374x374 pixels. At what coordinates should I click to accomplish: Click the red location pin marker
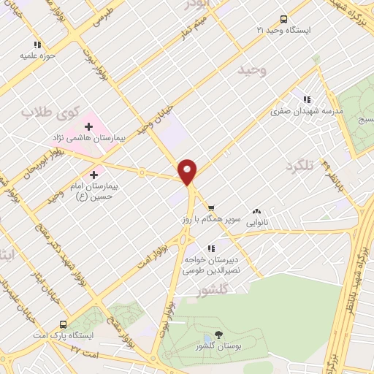tap(188, 171)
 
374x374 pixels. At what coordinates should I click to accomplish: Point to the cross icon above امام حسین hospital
tap(93, 175)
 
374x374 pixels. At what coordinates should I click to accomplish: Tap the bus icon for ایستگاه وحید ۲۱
tap(283, 20)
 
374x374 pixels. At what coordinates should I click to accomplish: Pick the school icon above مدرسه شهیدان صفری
tap(307, 99)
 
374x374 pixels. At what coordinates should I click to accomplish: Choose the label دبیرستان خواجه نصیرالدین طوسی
tap(225, 264)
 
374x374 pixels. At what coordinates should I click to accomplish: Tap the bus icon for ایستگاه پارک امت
tap(64, 324)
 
